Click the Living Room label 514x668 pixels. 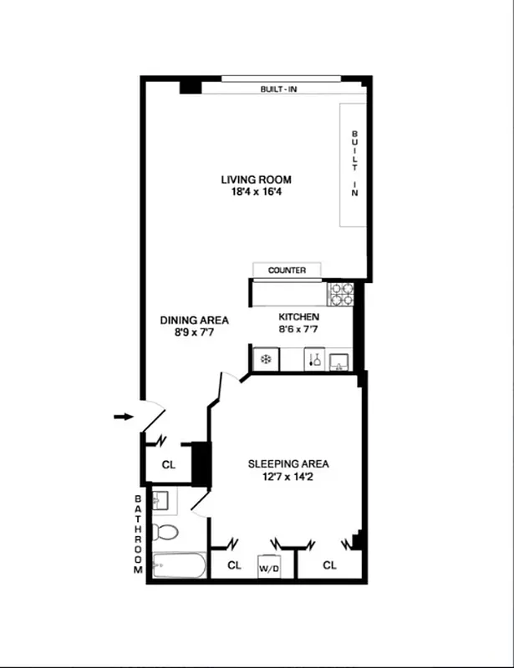click(256, 180)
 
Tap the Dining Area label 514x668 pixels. click(195, 320)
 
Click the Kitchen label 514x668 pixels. click(298, 317)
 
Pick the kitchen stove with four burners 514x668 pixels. click(341, 293)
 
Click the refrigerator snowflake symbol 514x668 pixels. click(265, 360)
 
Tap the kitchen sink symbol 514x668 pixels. click(339, 360)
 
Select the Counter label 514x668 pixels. click(287, 271)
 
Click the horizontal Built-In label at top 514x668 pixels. click(281, 89)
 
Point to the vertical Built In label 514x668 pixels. click(354, 164)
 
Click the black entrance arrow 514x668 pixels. click(123, 416)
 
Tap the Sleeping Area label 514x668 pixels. click(288, 464)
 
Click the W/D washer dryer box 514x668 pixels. click(269, 566)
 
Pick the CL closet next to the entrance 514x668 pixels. click(168, 465)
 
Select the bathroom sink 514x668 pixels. click(162, 501)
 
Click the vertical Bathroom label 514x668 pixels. click(140, 534)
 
